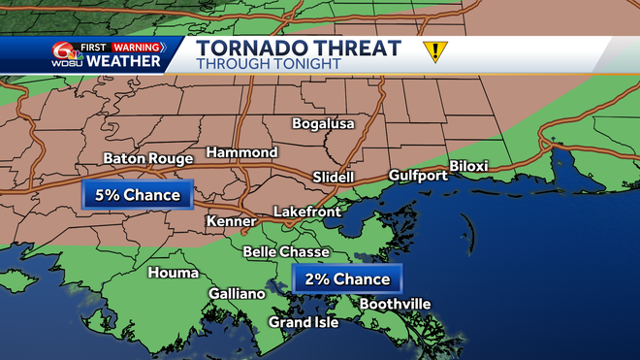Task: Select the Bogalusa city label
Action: pos(324,124)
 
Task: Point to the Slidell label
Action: pos(335,178)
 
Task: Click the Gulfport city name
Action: pos(418,176)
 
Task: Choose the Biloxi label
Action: pos(468,166)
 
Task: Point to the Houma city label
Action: pos(173,273)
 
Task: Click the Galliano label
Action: pos(237,294)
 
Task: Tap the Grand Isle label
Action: pos(304,322)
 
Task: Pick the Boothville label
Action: pos(394,304)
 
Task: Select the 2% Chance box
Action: pos(347,279)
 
